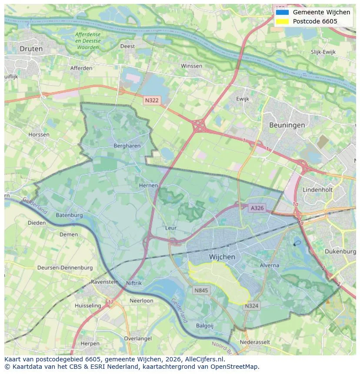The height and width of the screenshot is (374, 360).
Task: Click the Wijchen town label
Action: [222, 257]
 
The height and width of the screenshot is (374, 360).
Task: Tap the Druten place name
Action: [31, 49]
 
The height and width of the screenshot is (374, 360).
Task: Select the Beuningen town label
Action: [287, 125]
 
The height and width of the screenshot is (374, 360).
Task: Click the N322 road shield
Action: [152, 100]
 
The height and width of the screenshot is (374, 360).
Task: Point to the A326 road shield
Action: [257, 208]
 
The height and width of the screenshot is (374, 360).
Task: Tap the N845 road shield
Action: [202, 290]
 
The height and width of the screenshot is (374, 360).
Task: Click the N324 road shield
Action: [251, 306]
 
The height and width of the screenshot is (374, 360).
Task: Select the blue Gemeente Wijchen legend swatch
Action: [282, 12]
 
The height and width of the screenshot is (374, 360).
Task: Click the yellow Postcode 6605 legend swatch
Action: [282, 21]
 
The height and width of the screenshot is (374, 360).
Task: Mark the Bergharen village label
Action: [127, 146]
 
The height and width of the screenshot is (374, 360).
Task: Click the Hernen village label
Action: [148, 185]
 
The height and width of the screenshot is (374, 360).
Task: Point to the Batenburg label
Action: [69, 215]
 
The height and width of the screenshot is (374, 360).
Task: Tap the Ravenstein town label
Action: [105, 281]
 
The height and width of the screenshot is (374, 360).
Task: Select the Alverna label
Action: [269, 265]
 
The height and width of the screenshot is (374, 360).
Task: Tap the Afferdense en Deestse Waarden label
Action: [87, 40]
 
